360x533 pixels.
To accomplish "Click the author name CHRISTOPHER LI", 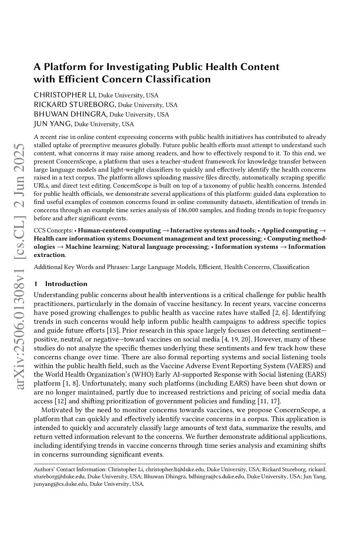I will coord(65,95).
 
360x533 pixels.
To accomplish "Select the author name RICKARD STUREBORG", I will coord(75,104).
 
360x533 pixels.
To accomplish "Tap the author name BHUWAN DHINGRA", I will coord(70,114).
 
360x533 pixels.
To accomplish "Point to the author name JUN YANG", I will coord(53,124).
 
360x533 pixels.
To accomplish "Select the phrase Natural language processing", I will coord(165,247).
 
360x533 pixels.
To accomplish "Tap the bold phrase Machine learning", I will coord(92,247).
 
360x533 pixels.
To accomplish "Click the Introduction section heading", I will coord(66,284).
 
